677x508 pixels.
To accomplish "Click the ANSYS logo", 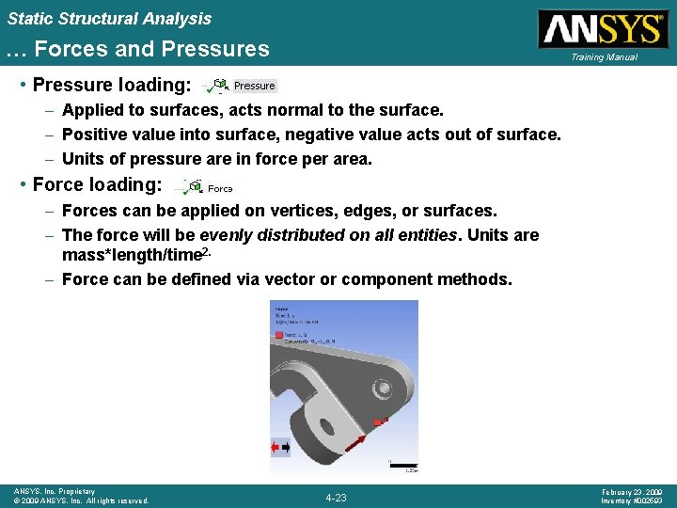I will click(x=602, y=28).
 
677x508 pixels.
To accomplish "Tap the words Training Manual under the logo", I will click(x=603, y=57).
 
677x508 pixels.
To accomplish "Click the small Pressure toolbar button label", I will click(x=254, y=86).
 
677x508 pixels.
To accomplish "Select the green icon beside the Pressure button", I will click(x=219, y=86).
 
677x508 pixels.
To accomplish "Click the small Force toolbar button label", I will click(x=220, y=188).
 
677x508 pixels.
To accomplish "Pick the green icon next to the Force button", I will click(x=194, y=186).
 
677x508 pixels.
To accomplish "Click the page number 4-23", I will click(x=336, y=497).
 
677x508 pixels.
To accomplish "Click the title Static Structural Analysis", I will click(x=110, y=18).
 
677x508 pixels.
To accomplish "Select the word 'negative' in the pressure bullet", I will click(x=358, y=135).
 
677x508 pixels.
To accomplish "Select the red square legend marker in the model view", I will click(x=279, y=334).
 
